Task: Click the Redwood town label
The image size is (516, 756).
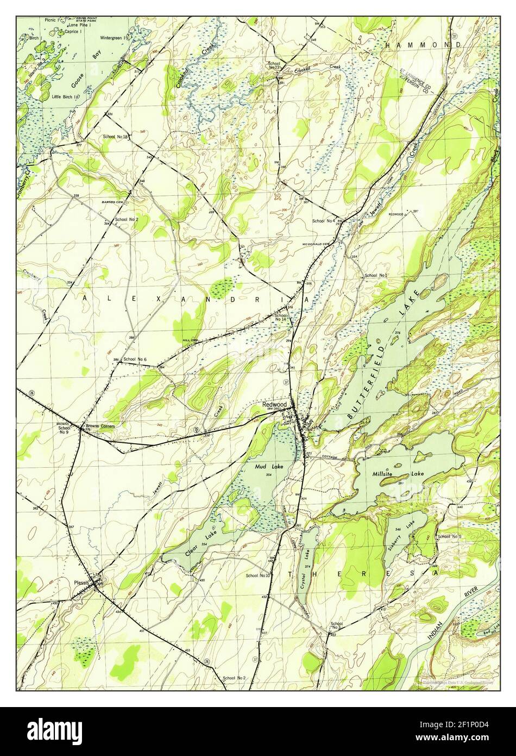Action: tap(274, 405)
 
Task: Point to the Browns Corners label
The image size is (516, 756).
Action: tap(100, 426)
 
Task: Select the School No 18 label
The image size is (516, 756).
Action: tap(115, 137)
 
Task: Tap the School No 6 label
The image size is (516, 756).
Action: tap(135, 360)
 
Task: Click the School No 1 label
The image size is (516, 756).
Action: tap(376, 276)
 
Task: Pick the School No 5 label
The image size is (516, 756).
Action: tap(449, 537)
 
